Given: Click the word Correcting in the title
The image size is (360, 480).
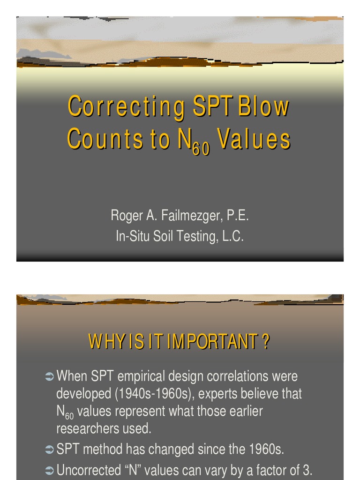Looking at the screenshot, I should pyautogui.click(x=126, y=107).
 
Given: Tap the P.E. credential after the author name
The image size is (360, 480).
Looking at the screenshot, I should pyautogui.click(x=238, y=216).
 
